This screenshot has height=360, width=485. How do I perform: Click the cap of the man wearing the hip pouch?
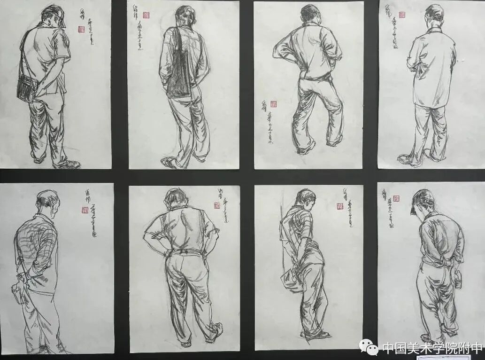point(55,14)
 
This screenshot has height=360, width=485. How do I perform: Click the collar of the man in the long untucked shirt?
point(434,31)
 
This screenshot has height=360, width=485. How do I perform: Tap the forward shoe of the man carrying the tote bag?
point(168,163)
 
